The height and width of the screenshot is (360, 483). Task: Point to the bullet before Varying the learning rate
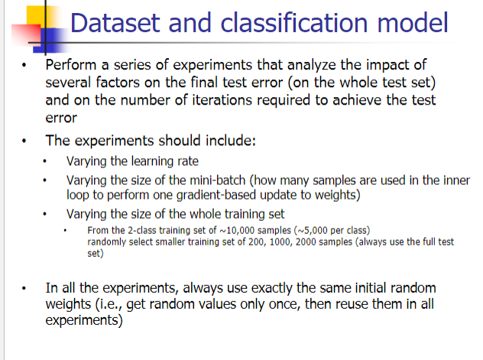(x=48, y=162)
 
